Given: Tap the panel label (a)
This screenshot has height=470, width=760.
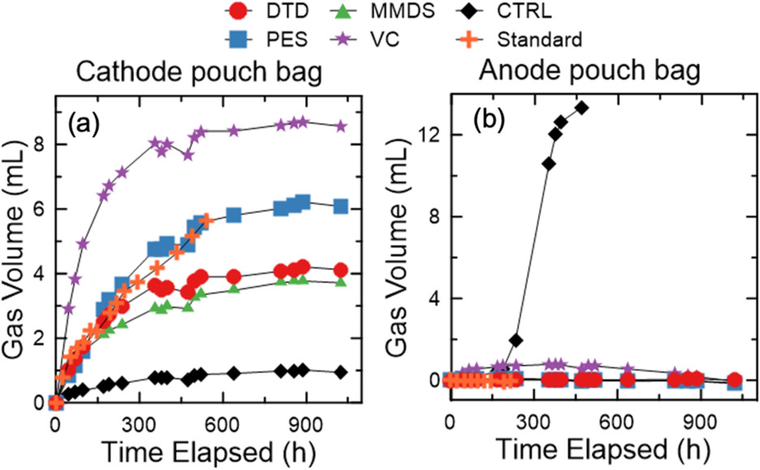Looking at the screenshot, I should [x=84, y=123].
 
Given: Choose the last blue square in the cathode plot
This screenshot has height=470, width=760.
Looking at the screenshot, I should [x=341, y=206].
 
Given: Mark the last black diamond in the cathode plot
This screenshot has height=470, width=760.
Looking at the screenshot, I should [x=341, y=372].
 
